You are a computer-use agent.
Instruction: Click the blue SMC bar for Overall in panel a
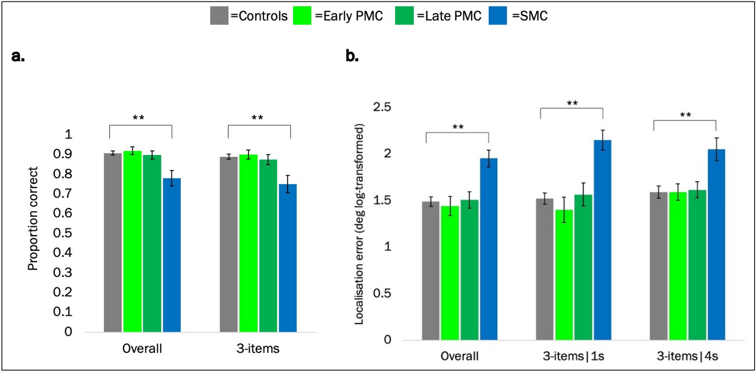point(172,255)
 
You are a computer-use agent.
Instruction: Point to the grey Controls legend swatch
point(219,16)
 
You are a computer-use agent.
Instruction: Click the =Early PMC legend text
point(349,16)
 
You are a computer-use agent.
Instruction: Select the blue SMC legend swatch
point(498,16)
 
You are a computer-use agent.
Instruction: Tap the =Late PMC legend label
point(449,16)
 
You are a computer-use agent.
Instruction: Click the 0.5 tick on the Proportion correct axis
point(62,233)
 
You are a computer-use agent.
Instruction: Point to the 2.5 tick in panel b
point(382,107)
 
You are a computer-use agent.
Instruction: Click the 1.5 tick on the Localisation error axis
point(382,200)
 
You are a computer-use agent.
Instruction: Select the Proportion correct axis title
point(33,219)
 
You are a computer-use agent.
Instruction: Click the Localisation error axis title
point(359,224)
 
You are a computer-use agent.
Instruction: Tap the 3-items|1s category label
point(573,356)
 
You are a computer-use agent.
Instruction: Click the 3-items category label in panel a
point(258,348)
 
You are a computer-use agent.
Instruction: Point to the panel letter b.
point(352,56)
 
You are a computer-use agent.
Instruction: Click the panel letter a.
point(17,56)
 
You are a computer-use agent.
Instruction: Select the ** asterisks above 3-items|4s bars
point(685,115)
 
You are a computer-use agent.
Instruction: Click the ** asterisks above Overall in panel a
point(138,118)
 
